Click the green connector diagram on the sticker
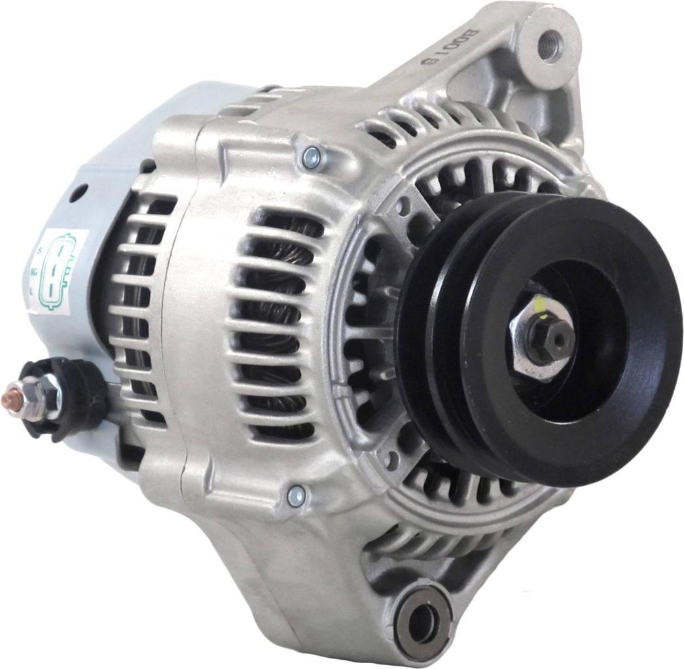(57, 271)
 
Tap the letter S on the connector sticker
(39, 251)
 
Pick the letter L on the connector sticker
(33, 288)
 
